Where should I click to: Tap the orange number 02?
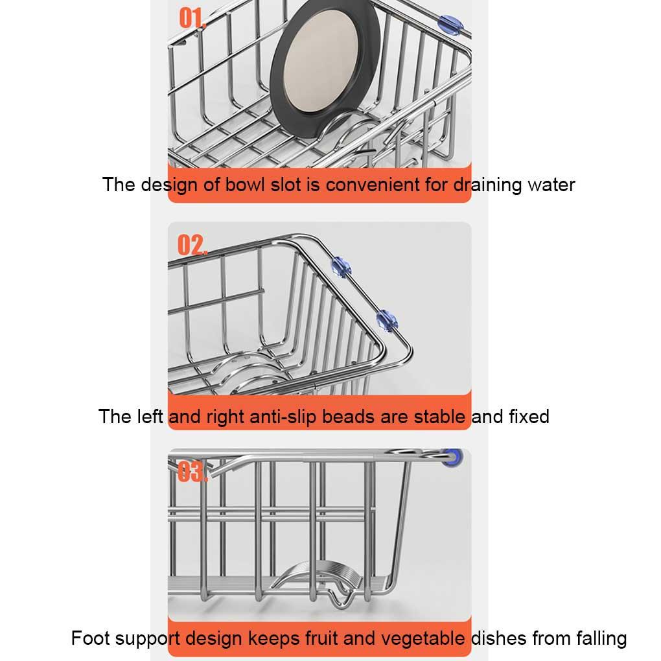tap(192, 245)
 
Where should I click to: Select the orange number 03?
tap(192, 471)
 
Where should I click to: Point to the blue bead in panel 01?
tap(451, 23)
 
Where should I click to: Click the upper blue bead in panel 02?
tap(341, 266)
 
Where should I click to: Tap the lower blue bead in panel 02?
tap(386, 320)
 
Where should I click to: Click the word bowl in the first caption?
tap(245, 185)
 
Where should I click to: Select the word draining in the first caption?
tap(488, 185)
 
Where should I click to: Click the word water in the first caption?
tap(551, 185)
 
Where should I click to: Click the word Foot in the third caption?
tap(91, 638)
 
